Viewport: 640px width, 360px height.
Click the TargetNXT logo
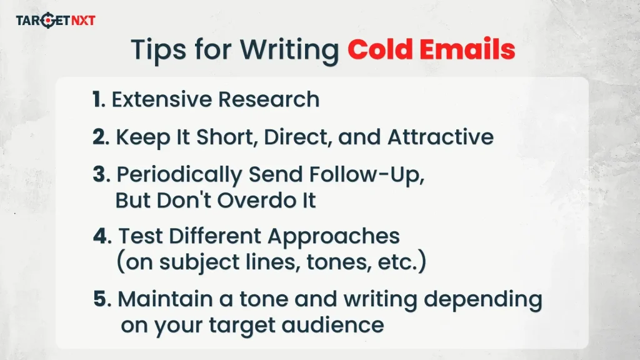(x=56, y=21)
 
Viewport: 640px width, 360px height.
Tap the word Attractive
(x=441, y=137)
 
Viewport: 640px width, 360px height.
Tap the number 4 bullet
(x=101, y=236)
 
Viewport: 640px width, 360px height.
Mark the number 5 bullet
(x=101, y=299)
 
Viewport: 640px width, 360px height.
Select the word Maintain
(x=162, y=299)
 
